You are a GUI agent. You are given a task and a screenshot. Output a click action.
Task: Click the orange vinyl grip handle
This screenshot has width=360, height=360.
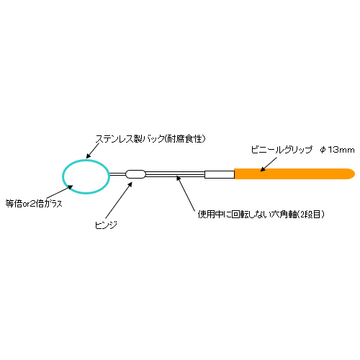[x=294, y=174]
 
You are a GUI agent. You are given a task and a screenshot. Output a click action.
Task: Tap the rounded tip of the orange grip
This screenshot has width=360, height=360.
[x=354, y=174]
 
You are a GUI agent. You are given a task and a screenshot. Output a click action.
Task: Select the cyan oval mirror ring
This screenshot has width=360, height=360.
[x=63, y=176]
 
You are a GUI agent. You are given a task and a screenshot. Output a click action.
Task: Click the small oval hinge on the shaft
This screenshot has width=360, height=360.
[x=135, y=174]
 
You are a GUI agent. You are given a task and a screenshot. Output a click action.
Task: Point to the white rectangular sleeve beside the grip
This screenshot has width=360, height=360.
[x=220, y=174]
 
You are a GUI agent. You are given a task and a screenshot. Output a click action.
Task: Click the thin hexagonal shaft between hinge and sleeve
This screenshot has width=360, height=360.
[x=175, y=174]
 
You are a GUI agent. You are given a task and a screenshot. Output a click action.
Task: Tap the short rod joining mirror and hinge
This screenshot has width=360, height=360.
[x=117, y=174]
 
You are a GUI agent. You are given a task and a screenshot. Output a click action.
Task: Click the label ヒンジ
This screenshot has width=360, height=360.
[x=106, y=225]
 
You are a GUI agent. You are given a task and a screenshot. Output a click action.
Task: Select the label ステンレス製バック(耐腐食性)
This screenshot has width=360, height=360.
[x=150, y=139]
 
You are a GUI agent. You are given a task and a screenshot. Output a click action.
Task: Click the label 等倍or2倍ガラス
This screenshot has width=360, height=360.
[x=34, y=204]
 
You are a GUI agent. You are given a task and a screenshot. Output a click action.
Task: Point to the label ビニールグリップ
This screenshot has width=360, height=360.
[x=282, y=150]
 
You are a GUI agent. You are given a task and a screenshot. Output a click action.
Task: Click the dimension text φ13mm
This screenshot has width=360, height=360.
[x=337, y=150]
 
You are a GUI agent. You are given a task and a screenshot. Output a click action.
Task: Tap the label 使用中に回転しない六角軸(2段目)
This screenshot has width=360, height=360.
[x=261, y=215]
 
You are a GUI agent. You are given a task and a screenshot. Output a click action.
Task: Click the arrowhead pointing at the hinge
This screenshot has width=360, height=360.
[x=130, y=184]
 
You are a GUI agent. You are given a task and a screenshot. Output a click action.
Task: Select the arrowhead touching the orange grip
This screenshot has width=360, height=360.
[x=263, y=169]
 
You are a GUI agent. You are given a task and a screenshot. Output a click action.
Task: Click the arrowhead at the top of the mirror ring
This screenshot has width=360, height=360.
[x=89, y=156]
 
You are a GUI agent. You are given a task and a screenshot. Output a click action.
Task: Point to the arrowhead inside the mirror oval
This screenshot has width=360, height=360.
[x=70, y=186]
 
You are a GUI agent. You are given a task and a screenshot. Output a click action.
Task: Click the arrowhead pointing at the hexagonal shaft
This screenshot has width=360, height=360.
[x=178, y=179]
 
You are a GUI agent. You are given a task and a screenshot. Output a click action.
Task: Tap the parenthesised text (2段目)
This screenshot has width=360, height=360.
[x=311, y=215]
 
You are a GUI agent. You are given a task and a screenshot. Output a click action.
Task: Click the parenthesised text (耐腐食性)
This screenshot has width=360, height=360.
[x=185, y=139]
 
